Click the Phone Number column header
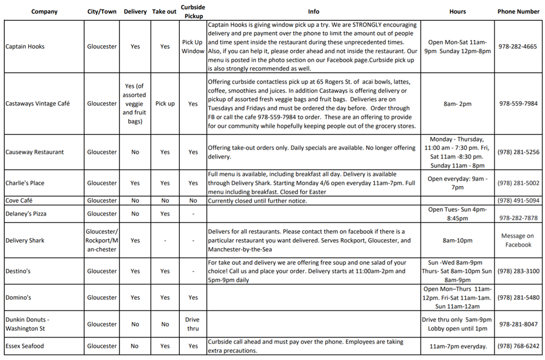tap(518, 11)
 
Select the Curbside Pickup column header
tap(193, 11)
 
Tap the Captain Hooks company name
tap(25, 46)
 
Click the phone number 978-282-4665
tap(518, 46)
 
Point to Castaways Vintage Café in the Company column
tap(37, 103)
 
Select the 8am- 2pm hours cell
tap(457, 103)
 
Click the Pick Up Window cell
tap(193, 46)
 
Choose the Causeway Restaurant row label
tap(35, 152)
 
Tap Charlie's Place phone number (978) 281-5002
tap(518, 183)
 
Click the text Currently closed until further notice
tap(258, 201)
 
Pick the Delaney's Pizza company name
tap(26, 214)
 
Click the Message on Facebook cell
tap(518, 240)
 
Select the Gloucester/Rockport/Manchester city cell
tap(102, 240)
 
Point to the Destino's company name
tap(18, 271)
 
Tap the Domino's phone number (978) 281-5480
tap(518, 298)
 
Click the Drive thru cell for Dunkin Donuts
tap(193, 324)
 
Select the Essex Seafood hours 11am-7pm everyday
tap(457, 346)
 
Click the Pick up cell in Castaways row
tap(165, 103)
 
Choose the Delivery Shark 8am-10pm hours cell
tap(457, 240)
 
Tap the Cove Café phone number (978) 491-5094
tap(518, 201)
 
